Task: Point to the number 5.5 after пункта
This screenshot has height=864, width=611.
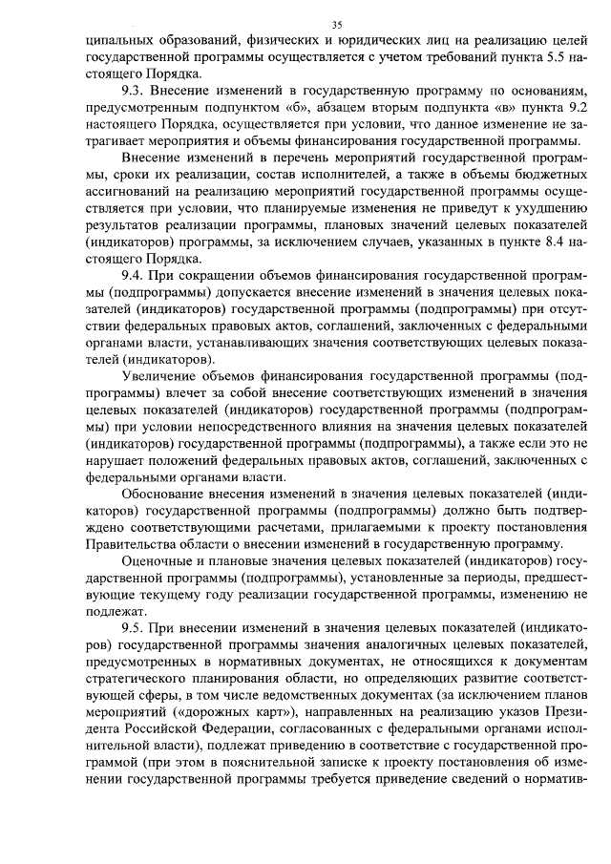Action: tap(558, 55)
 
